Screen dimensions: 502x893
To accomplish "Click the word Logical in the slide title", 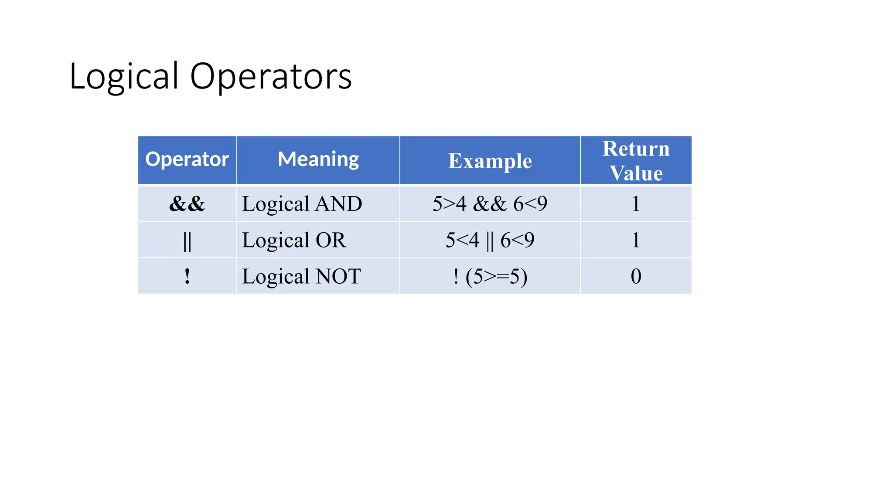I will click(124, 77).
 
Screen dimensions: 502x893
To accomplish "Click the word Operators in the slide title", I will click(271, 77).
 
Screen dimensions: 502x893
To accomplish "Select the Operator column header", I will click(187, 159).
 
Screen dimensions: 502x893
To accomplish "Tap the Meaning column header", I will click(318, 159).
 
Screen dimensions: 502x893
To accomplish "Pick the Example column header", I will click(490, 161).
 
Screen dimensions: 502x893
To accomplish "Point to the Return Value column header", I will click(636, 161).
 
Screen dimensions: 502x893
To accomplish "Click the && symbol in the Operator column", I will click(187, 204).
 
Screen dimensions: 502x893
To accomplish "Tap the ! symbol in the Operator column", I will click(187, 276).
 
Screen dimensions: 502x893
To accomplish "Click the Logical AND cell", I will click(302, 204).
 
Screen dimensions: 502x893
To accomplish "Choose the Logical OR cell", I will click(294, 240).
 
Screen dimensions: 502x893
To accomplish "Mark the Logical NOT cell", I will click(301, 276).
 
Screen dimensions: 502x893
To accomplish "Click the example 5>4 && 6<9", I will click(490, 204).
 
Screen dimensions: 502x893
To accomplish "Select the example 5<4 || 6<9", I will click(490, 240).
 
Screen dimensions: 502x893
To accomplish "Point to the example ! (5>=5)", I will click(490, 276).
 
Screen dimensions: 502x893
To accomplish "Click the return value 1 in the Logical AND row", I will click(636, 204).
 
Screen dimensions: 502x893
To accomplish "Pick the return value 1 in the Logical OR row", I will click(636, 240).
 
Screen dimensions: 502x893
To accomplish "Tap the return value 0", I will click(636, 276).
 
